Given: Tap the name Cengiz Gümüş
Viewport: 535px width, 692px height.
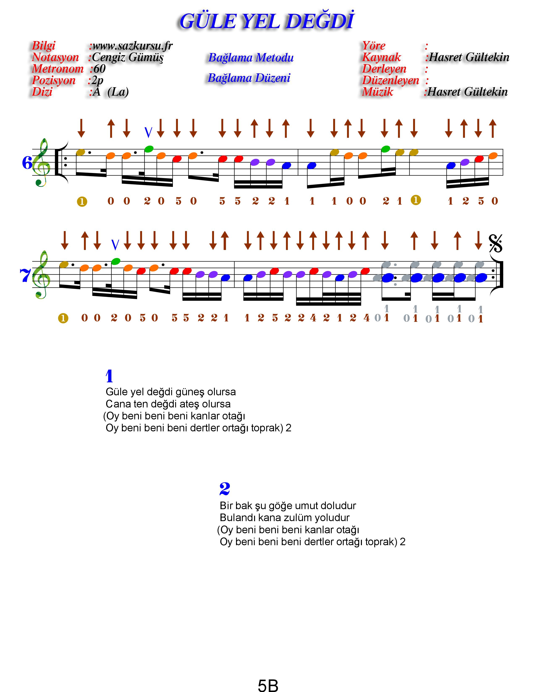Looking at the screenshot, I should (128, 57).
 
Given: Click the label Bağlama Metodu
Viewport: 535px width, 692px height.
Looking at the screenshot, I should (251, 58).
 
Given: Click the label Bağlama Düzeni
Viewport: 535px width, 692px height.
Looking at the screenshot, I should (249, 78).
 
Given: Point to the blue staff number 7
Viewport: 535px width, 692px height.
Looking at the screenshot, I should (25, 275).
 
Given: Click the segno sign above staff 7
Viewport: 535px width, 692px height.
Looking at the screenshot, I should (495, 244).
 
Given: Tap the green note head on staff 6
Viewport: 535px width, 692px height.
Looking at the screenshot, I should (149, 149).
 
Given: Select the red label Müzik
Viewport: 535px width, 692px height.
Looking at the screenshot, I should (377, 92).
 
